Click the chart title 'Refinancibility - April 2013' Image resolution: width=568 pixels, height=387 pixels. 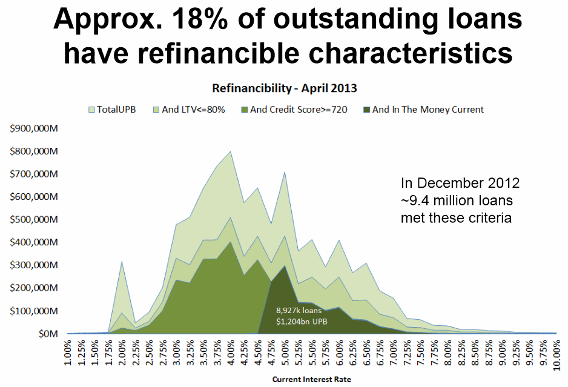coord(284,88)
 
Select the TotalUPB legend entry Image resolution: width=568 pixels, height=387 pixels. coord(115,110)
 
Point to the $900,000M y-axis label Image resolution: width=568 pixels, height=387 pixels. coord(34,128)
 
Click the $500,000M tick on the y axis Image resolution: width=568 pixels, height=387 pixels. coord(34,219)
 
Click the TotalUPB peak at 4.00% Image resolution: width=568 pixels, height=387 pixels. coord(230,152)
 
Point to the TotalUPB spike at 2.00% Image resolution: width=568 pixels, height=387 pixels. coord(122,262)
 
